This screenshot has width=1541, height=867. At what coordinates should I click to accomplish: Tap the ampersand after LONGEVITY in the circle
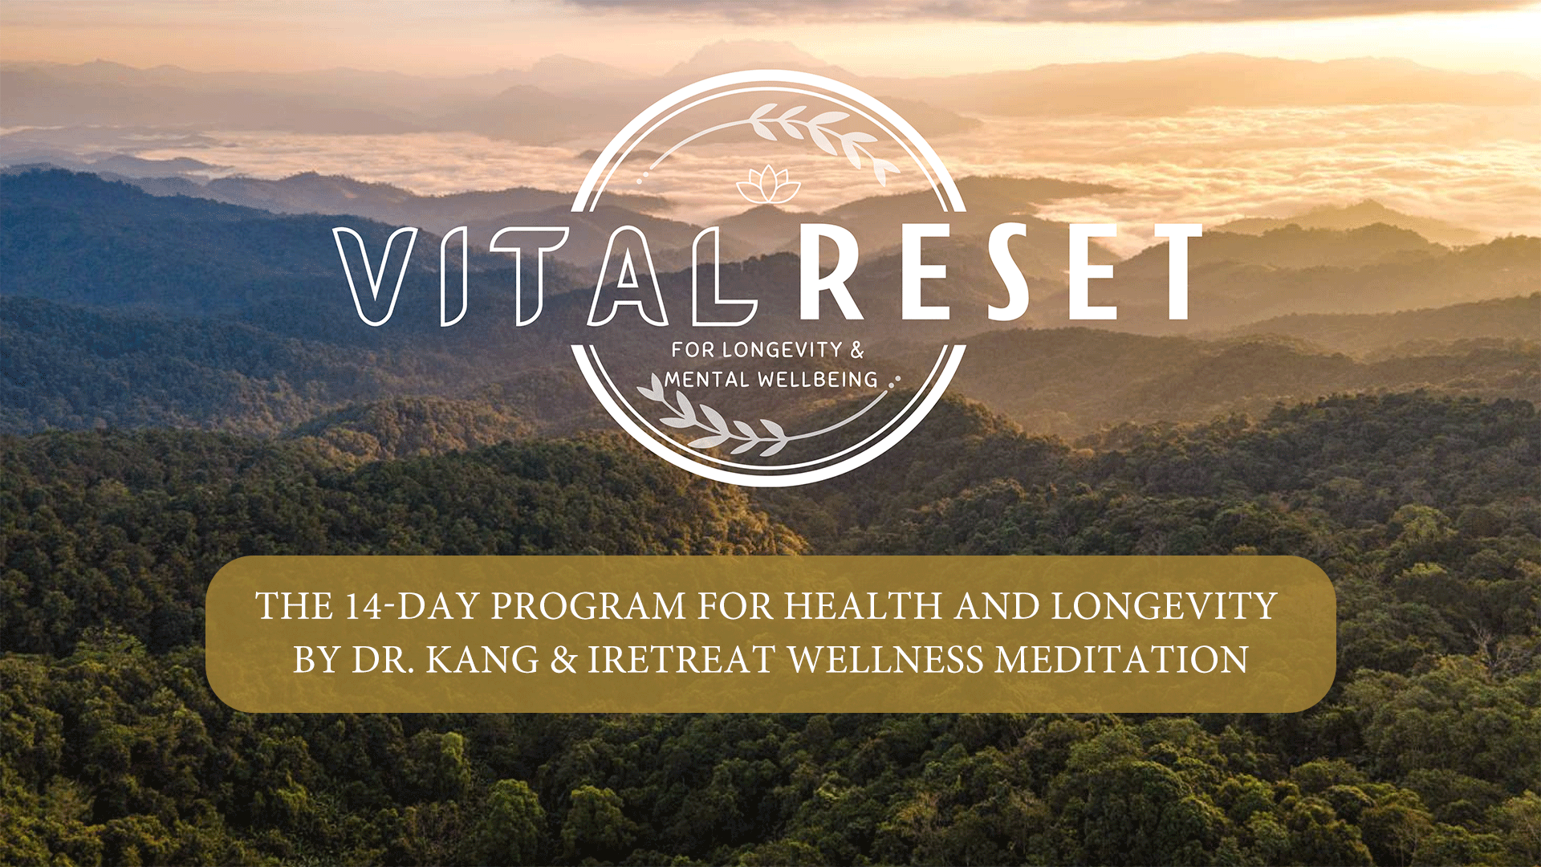pyautogui.click(x=857, y=350)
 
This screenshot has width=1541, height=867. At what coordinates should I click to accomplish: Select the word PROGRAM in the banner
pyautogui.click(x=588, y=606)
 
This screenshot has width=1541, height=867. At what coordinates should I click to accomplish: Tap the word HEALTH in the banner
pyautogui.click(x=862, y=606)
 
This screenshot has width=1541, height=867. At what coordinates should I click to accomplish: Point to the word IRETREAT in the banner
pyautogui.click(x=681, y=660)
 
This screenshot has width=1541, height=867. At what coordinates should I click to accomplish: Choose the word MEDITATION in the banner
pyautogui.click(x=1121, y=660)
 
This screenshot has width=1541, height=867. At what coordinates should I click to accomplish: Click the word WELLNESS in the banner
pyautogui.click(x=884, y=660)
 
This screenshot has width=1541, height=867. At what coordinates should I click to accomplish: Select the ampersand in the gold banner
pyautogui.click(x=563, y=660)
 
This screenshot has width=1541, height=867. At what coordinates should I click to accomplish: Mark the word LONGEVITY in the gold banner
pyautogui.click(x=1164, y=606)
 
